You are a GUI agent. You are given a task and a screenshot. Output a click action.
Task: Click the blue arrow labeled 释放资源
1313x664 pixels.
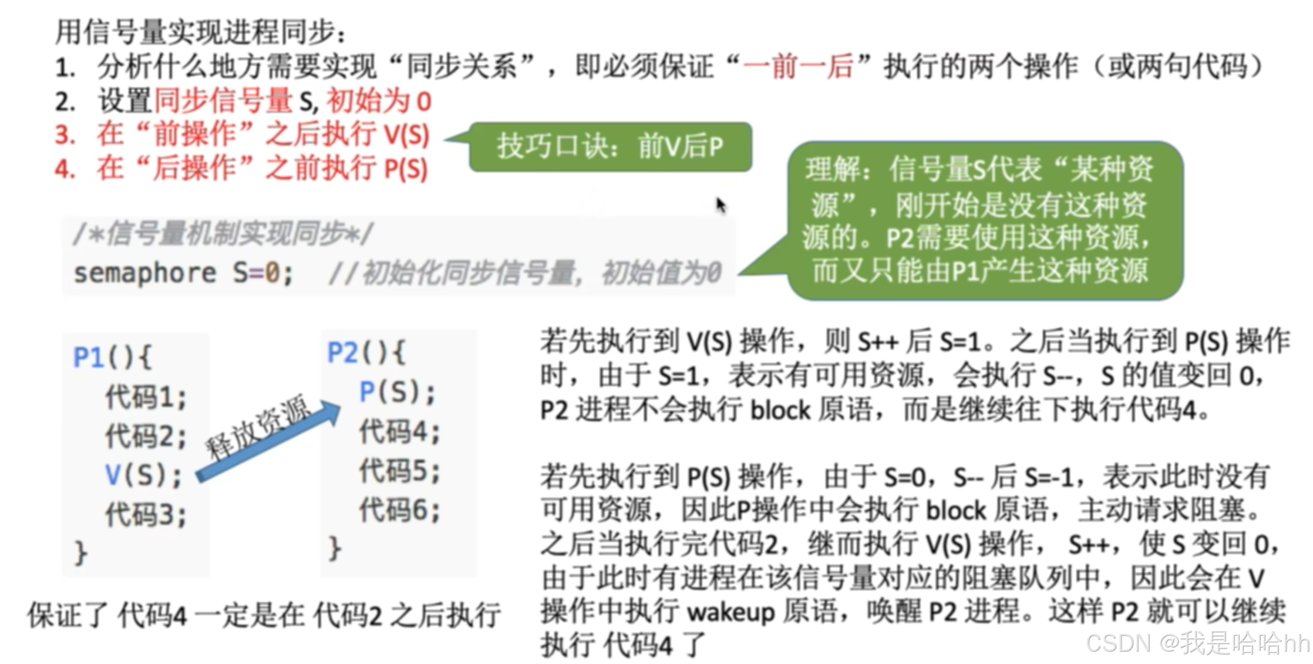[267, 441]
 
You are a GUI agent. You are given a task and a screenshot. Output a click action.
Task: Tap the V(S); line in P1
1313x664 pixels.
[143, 475]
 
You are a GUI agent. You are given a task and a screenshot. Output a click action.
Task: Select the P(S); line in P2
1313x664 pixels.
[397, 392]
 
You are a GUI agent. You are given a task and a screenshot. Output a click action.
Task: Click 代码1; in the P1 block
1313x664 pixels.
[146, 397]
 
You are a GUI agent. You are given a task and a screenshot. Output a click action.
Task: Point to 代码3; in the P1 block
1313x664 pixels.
[146, 515]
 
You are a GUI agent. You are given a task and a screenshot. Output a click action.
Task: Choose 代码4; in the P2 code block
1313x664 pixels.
[399, 432]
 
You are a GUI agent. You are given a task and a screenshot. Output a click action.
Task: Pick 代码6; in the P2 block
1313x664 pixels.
[399, 509]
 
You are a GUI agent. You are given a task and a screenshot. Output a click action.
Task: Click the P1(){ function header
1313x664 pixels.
[112, 357]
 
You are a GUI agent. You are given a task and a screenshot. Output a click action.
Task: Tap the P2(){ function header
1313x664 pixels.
[365, 353]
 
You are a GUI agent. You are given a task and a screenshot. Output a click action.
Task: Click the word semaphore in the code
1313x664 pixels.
[145, 273]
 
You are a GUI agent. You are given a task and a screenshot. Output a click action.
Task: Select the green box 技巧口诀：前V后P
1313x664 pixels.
[610, 147]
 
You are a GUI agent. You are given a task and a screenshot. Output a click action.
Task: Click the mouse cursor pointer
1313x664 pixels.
[721, 204]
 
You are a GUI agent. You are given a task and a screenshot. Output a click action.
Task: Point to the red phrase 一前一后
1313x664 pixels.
[798, 66]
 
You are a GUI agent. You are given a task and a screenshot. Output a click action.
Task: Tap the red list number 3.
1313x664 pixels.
[65, 135]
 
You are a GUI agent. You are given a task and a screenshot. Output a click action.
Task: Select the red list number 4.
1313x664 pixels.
[65, 169]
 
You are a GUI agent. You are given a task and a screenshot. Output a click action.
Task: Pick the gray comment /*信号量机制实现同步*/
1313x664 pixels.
[223, 234]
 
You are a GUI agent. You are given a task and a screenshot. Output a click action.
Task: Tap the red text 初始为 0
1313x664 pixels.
[379, 101]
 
